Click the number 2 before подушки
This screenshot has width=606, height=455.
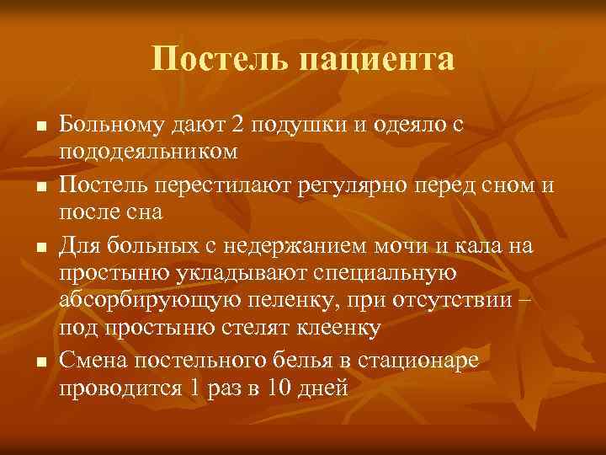pyautogui.click(x=237, y=125)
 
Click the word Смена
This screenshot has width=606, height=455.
pyautogui.click(x=95, y=361)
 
